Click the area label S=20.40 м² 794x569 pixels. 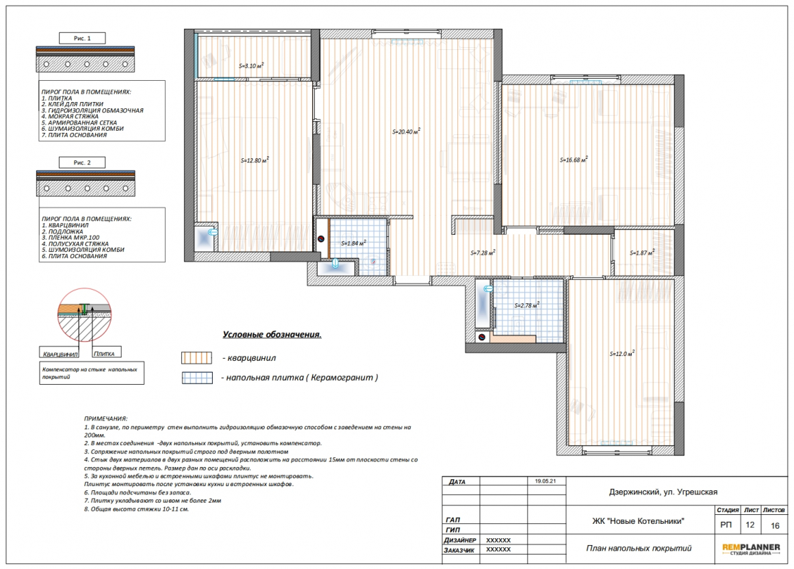pyautogui.click(x=406, y=131)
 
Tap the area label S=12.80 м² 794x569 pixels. pyautogui.click(x=255, y=160)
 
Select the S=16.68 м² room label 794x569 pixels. pyautogui.click(x=574, y=160)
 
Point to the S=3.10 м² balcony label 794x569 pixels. pyautogui.click(x=251, y=66)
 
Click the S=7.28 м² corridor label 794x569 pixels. pyautogui.click(x=483, y=253)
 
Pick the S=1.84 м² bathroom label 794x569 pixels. pyautogui.click(x=353, y=243)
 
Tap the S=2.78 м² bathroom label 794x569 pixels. pyautogui.click(x=527, y=305)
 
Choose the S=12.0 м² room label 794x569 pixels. pyautogui.click(x=622, y=354)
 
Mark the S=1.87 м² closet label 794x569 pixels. pyautogui.click(x=642, y=253)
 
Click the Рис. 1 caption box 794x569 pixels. pyautogui.click(x=82, y=38)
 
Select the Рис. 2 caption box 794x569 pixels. pyautogui.click(x=82, y=163)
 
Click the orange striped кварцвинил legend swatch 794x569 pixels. pyautogui.click(x=196, y=357)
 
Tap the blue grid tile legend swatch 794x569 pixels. pyautogui.click(x=198, y=377)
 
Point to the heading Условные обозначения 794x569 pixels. pyautogui.click(x=272, y=335)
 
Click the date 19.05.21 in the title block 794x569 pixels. pyautogui.click(x=546, y=481)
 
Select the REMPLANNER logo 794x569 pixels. pyautogui.click(x=751, y=548)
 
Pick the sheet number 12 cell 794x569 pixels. pyautogui.click(x=750, y=525)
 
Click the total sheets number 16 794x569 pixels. pyautogui.click(x=775, y=525)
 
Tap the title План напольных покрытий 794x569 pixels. pyautogui.click(x=639, y=548)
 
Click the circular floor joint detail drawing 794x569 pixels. pyautogui.click(x=84, y=315)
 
